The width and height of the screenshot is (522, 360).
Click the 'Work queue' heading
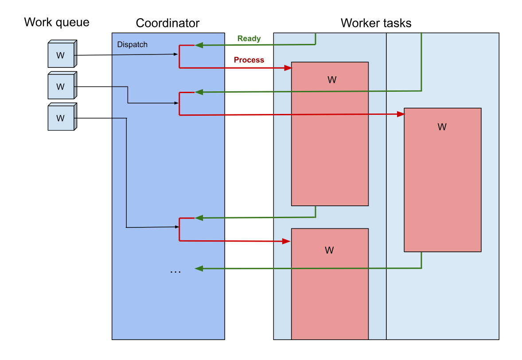pos(56,22)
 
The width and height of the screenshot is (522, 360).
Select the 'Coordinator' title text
pos(168,23)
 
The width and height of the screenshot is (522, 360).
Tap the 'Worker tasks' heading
pos(376,23)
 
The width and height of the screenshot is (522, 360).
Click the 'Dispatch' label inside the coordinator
pos(132,45)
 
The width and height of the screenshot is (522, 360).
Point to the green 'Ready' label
pos(249,39)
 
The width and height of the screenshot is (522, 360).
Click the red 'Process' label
pos(249,60)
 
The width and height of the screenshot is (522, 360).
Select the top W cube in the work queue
pos(62,55)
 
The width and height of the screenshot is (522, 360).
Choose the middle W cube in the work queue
pos(62,86)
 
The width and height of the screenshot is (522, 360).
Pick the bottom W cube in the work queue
pos(62,117)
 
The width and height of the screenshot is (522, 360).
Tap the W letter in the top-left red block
pos(332,80)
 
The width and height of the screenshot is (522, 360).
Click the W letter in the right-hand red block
pos(442,127)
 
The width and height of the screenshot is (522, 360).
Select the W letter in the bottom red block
pos(329,250)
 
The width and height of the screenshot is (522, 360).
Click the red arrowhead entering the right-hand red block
pos(401,114)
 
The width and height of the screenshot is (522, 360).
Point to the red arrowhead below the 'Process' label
pos(288,68)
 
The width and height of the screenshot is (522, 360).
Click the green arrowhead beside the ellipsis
pos(199,269)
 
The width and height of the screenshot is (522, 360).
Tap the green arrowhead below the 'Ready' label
pos(199,45)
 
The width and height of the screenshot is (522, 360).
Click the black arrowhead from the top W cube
pos(176,55)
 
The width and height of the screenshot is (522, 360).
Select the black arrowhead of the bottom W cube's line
pos(176,227)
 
